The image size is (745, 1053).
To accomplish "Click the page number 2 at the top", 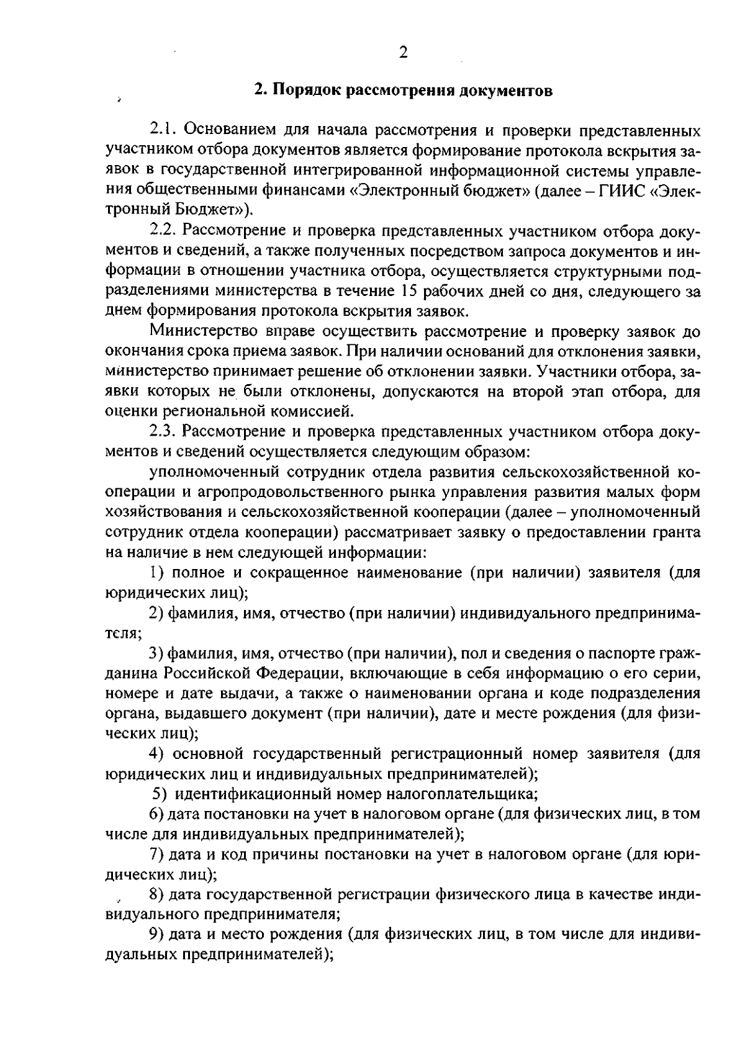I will (x=403, y=52).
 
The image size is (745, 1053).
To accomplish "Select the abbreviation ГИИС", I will (x=622, y=190).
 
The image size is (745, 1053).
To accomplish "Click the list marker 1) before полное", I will (x=157, y=572).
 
